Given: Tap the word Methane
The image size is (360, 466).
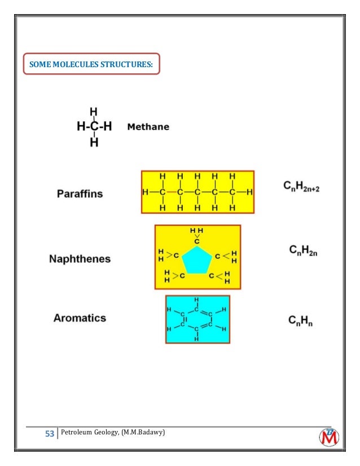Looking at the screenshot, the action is click(148, 127).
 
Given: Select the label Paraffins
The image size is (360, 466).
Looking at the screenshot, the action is click(80, 194).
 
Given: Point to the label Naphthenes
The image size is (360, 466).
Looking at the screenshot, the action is click(80, 260).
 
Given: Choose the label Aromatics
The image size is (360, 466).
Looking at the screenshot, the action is click(80, 318).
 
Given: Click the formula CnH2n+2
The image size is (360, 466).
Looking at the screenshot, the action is click(301, 186).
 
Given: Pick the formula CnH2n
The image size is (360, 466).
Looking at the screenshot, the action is click(304, 249).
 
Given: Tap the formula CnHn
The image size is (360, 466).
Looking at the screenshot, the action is click(301, 321).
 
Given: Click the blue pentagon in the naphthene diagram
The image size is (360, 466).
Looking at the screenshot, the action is click(197, 260).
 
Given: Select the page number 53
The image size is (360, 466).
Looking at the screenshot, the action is click(49, 434).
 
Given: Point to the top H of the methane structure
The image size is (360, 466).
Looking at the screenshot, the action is click(94, 112).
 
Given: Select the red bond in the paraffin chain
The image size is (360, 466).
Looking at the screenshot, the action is click(171, 192).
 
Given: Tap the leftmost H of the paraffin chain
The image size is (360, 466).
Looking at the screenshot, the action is click(145, 192).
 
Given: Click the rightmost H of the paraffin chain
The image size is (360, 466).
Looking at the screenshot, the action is click(249, 192).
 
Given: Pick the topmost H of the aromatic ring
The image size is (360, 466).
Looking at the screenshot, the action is click(196, 299).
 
